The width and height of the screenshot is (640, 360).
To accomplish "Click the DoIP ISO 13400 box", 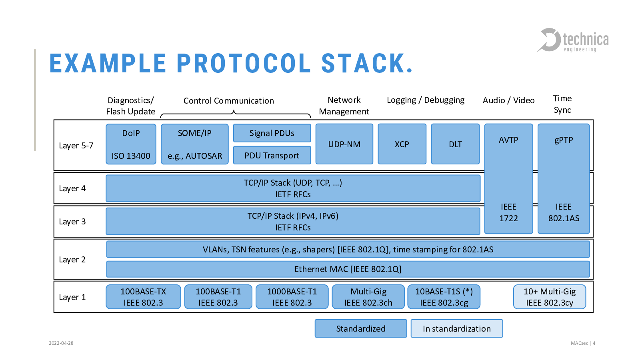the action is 131,144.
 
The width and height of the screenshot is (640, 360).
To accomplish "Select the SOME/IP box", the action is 194,144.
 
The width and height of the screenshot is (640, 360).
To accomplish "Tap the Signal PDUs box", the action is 272,133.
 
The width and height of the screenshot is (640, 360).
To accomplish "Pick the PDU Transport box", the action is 272,155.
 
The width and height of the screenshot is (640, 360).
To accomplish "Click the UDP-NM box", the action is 344,144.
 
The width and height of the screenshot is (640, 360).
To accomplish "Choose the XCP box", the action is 402,144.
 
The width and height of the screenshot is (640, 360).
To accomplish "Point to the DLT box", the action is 456,144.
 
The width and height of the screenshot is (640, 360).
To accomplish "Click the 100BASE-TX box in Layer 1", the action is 143,297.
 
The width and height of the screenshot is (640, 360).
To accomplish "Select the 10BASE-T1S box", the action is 444,297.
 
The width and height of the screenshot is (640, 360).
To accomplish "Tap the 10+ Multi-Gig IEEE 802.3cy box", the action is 550,297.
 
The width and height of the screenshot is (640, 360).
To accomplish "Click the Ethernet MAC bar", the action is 348,269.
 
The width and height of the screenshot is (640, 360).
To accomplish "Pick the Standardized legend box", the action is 361,328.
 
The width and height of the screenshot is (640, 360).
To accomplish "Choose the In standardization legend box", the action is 457,328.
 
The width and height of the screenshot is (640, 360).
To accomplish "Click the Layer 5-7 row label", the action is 76,146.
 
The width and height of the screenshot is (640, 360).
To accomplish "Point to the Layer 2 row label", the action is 72,260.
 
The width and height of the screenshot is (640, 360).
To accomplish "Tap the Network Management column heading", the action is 344,106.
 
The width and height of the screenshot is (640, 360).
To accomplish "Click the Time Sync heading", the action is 562,104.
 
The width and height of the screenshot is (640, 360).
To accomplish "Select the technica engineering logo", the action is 572,40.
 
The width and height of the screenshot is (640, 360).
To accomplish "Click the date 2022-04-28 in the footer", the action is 61,343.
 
